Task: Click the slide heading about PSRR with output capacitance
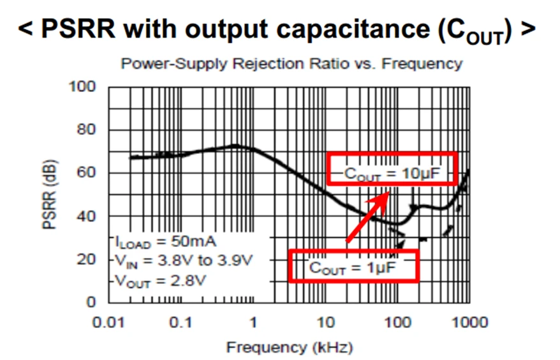pyautogui.click(x=277, y=30)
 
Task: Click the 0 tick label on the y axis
pyautogui.click(x=91, y=302)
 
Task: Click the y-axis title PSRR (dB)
pyautogui.click(x=50, y=195)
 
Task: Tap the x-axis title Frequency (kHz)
pyautogui.click(x=289, y=348)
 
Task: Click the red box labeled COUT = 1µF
pyautogui.click(x=353, y=266)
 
